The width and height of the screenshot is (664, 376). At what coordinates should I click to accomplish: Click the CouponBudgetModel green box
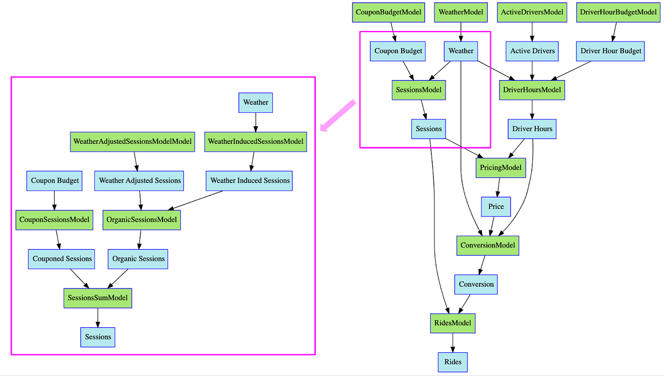[x=388, y=12]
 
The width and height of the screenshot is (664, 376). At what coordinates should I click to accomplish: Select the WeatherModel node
[x=460, y=12]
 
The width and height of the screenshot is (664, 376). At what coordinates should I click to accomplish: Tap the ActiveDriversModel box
[x=532, y=12]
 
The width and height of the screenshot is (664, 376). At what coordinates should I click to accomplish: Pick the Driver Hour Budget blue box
[x=611, y=51]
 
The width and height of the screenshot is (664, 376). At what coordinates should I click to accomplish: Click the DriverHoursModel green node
[x=532, y=90]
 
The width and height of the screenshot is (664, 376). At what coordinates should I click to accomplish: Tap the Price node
[x=496, y=207]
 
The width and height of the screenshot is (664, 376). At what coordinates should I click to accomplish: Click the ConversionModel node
[x=487, y=245]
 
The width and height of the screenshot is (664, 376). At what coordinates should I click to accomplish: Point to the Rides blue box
[x=453, y=362]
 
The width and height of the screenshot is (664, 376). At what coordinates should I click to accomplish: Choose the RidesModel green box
[x=453, y=323]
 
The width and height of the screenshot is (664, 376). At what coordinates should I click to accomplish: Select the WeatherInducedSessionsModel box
[x=256, y=142]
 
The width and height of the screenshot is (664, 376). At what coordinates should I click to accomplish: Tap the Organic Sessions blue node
[x=138, y=259]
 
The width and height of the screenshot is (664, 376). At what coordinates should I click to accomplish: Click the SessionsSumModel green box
[x=98, y=298]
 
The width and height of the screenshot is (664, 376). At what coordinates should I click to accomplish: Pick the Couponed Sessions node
[x=62, y=259]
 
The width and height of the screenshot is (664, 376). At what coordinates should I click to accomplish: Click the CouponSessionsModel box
[x=54, y=220]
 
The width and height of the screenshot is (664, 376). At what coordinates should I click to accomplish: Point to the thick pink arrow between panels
[x=338, y=116]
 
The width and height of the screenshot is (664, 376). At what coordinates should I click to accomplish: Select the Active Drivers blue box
[x=532, y=51]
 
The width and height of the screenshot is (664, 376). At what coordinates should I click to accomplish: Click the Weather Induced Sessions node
[x=250, y=181]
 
